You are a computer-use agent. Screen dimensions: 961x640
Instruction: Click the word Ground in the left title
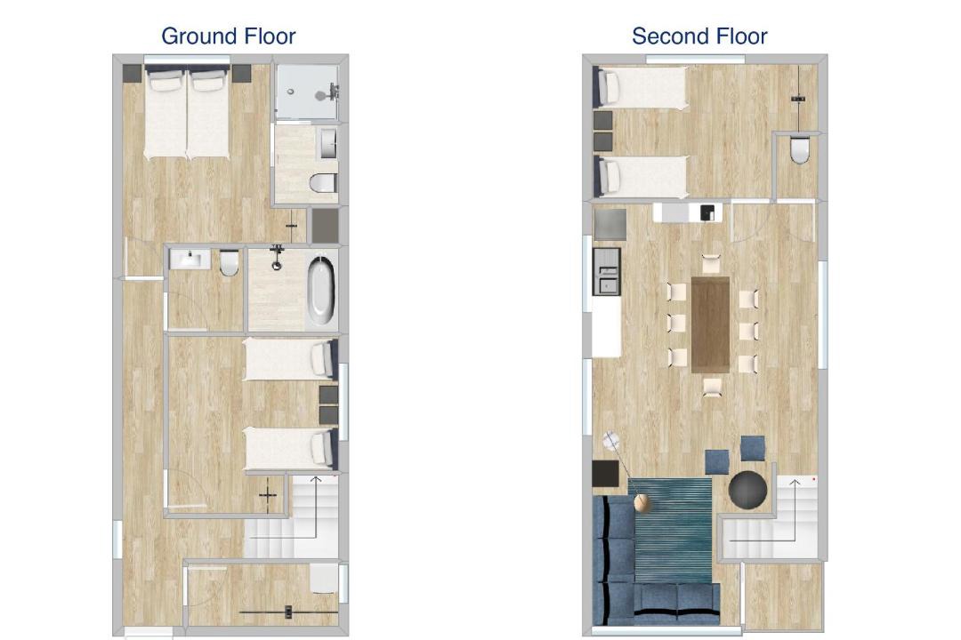pyautogui.click(x=197, y=36)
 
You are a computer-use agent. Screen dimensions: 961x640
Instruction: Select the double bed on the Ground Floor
pyautogui.click(x=187, y=113)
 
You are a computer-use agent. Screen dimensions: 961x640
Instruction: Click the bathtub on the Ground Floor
pyautogui.click(x=321, y=291)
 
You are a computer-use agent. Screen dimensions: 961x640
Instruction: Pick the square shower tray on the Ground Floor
pyautogui.click(x=306, y=92)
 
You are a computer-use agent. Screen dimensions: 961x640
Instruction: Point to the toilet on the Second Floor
pyautogui.click(x=800, y=149)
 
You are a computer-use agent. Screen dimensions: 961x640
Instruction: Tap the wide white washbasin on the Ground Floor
pyautogui.click(x=190, y=259)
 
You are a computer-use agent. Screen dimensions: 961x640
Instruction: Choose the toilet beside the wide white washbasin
pyautogui.click(x=230, y=262)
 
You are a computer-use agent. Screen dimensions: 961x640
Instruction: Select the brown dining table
pyautogui.click(x=710, y=324)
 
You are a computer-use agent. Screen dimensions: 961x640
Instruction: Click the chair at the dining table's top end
pyautogui.click(x=711, y=264)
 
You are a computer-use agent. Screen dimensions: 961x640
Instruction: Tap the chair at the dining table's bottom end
pyautogui.click(x=712, y=387)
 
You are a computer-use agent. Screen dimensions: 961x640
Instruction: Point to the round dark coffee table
pyautogui.click(x=747, y=490)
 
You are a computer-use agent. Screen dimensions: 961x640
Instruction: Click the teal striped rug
pyautogui.click(x=673, y=531)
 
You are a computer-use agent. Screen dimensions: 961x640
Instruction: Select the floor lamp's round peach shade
pyautogui.click(x=642, y=503)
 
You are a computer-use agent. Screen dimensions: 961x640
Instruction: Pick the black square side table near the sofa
pyautogui.click(x=606, y=474)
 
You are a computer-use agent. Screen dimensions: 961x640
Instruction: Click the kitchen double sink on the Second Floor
pyautogui.click(x=607, y=272)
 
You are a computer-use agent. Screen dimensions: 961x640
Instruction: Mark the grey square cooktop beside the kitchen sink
pyautogui.click(x=610, y=225)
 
